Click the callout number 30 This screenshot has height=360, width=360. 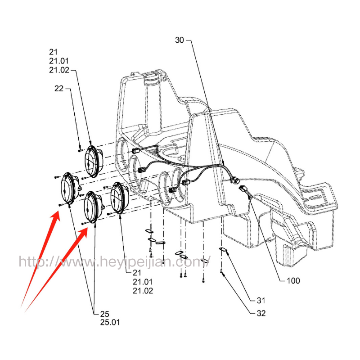(180, 40)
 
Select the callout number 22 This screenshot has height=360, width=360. (59, 89)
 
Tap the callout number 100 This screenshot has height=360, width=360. (293, 281)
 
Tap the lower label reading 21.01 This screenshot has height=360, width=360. (143, 282)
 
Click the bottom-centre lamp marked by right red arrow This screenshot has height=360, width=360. (93, 207)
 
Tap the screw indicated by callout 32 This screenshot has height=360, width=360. (222, 271)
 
